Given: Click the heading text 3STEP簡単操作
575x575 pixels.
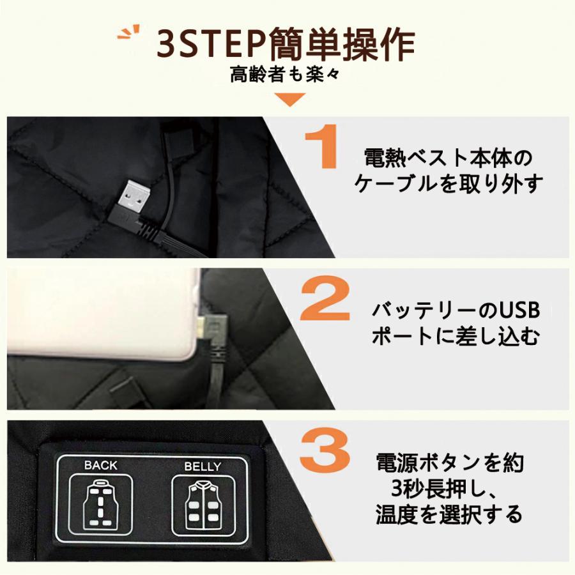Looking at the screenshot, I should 286,43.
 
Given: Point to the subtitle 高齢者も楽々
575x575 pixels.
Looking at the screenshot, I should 286,75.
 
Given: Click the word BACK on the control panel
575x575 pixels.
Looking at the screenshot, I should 101,465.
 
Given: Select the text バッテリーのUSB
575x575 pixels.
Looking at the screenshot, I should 456,311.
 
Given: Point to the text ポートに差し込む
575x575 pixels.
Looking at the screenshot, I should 456,337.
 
